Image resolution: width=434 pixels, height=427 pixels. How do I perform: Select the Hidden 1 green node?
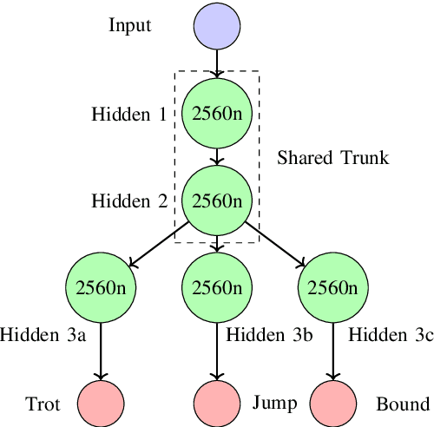pyautogui.click(x=216, y=114)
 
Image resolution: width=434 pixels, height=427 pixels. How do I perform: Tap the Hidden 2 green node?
pyautogui.click(x=216, y=201)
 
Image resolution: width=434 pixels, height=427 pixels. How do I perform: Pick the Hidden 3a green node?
pyautogui.click(x=101, y=288)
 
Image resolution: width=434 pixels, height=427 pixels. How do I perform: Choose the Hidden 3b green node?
pyautogui.click(x=216, y=288)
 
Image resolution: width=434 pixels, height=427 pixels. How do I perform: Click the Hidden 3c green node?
pyautogui.click(x=332, y=288)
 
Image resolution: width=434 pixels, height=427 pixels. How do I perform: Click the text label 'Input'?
pyautogui.click(x=130, y=25)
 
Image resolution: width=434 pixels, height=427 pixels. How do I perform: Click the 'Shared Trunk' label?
pyautogui.click(x=333, y=158)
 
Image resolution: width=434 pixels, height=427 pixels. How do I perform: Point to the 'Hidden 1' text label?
pyautogui.click(x=129, y=114)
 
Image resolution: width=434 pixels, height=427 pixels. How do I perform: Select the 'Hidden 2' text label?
pyautogui.click(x=129, y=201)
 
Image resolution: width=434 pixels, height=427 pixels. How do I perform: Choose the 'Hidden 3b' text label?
pyautogui.click(x=268, y=333)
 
